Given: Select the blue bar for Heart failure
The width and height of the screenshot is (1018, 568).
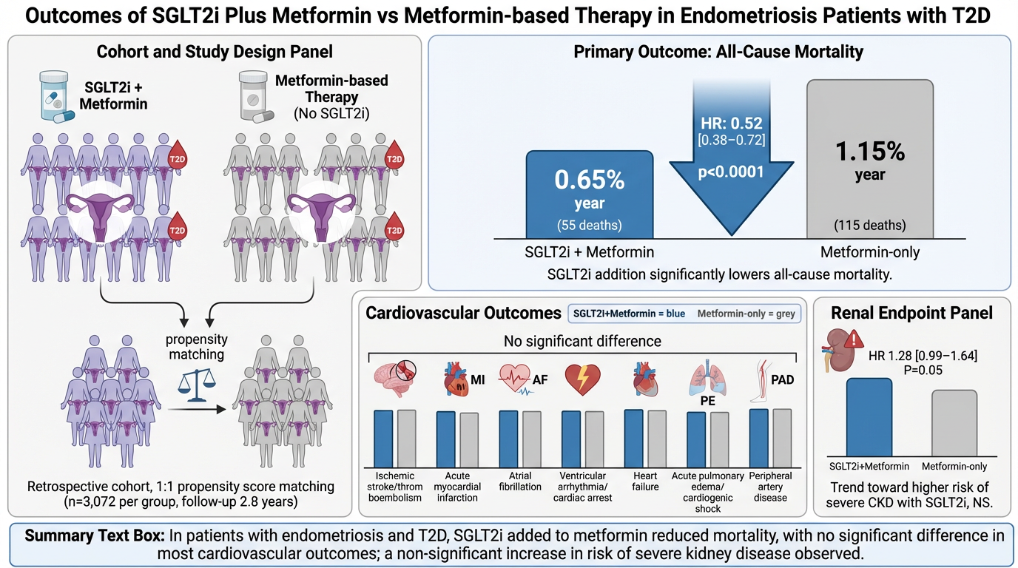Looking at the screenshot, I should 634,437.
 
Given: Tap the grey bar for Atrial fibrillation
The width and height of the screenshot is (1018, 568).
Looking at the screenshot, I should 532,438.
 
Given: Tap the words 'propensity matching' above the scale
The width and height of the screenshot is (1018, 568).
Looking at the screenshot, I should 196,346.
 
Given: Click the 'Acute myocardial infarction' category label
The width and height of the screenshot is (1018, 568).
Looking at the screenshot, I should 457,487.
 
